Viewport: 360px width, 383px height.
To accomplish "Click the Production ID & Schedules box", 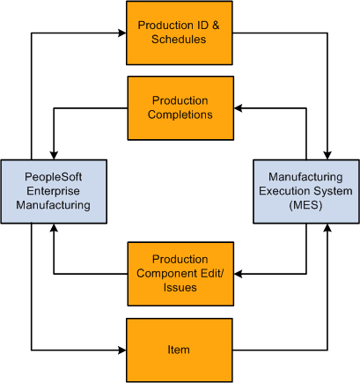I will [180, 33].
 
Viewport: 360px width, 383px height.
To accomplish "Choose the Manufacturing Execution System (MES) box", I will [305, 190].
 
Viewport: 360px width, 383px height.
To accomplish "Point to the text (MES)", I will [305, 205].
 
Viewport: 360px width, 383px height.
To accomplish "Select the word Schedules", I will [180, 41].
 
